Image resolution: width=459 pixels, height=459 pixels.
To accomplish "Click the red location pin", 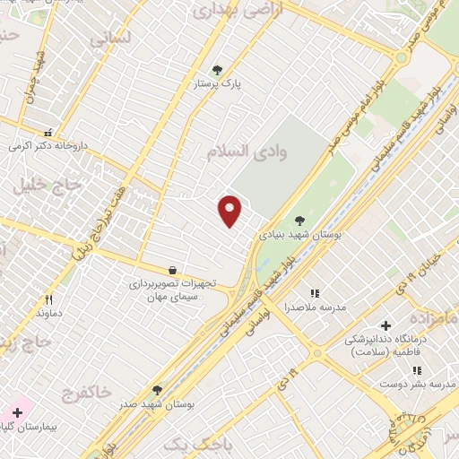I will pos(230,210).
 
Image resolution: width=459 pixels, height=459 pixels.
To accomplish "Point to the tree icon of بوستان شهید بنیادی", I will pos(299,220).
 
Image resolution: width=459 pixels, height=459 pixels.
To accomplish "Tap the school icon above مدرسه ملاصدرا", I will pos(315,293).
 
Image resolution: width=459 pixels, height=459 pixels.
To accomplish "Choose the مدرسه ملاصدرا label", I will pos(315,307).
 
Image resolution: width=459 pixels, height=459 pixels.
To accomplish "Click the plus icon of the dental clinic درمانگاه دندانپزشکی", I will pos(386,325).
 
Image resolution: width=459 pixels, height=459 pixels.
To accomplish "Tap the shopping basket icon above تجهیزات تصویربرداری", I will pos(172,270).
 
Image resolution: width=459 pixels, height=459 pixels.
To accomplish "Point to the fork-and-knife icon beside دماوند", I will pos(49,299).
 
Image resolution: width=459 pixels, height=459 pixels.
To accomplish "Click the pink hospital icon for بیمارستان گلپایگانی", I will pos(17,413).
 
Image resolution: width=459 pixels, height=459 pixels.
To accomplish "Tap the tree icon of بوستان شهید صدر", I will pos(158,390).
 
